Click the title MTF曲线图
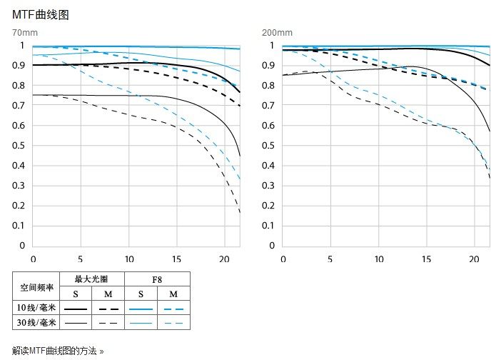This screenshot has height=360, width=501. click(x=41, y=14)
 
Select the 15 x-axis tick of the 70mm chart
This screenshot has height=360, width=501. click(x=177, y=259)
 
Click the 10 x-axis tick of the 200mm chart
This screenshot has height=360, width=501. click(x=379, y=259)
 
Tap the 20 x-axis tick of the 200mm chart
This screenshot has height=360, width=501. click(x=475, y=259)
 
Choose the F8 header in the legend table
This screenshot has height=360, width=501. click(x=157, y=279)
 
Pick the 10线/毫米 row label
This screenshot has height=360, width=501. click(x=36, y=308)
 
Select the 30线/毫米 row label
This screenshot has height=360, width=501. click(x=36, y=323)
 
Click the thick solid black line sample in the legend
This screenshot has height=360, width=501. click(x=76, y=308)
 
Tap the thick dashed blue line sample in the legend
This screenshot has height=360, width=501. click(x=173, y=308)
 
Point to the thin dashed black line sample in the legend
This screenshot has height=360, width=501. click(x=108, y=323)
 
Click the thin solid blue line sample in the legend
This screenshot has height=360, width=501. click(x=141, y=323)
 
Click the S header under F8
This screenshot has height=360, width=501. click(x=141, y=294)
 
